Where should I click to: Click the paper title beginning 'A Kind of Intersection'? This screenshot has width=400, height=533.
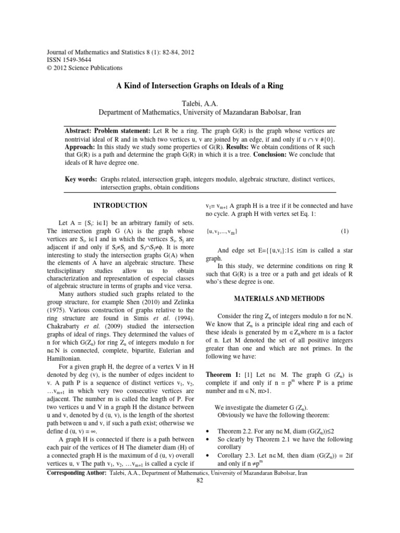pyautogui.click(x=199, y=86)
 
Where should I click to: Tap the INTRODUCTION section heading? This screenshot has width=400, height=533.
pyautogui.click(x=120, y=206)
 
